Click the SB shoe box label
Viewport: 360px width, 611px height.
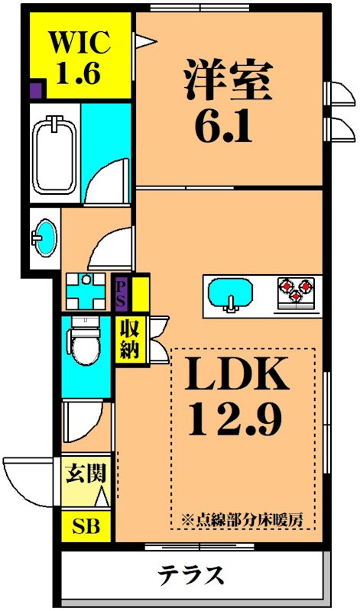coord(86,526)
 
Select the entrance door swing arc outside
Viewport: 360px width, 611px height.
coord(29,481)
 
